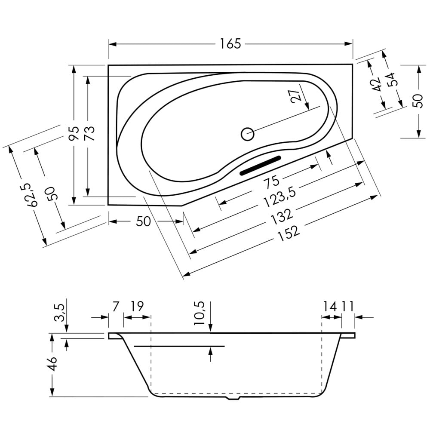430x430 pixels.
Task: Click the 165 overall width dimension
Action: [230, 44]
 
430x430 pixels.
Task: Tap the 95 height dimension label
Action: [74, 133]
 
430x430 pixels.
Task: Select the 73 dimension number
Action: [89, 133]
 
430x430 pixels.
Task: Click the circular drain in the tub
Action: [248, 134]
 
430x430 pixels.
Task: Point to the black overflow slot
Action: [261, 166]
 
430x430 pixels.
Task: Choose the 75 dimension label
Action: [271, 182]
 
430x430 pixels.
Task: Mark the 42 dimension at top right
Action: [378, 84]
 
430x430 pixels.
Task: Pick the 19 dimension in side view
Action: [137, 306]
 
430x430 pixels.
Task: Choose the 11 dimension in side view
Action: [347, 306]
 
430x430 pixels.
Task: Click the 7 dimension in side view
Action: [116, 306]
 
